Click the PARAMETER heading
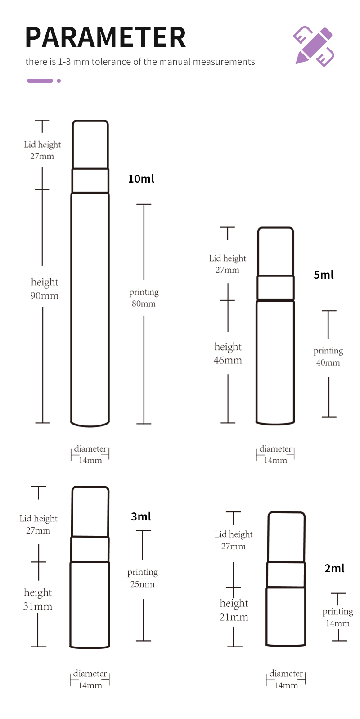(106, 37)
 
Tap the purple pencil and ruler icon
(313, 46)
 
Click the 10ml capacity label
(141, 179)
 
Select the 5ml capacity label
(324, 275)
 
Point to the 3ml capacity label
(141, 516)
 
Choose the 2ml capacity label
(334, 569)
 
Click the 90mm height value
(44, 296)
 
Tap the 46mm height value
(228, 360)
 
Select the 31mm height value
(37, 606)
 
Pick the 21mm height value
(234, 617)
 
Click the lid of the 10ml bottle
(90, 145)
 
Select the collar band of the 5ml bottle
(275, 288)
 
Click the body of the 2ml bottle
(286, 616)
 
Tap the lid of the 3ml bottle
(90, 511)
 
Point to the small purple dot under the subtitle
(58, 81)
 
